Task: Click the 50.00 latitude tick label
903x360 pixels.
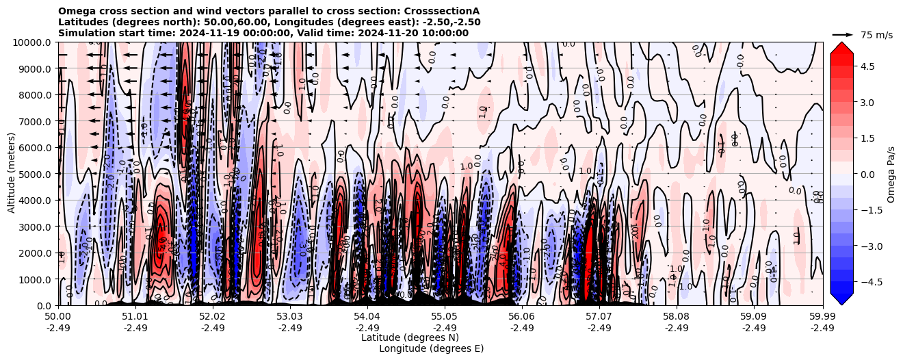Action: tap(58, 317)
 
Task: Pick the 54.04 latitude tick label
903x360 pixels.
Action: tap(367, 317)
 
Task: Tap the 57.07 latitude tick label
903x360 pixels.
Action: tap(599, 317)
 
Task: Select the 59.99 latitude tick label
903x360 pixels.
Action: tap(822, 317)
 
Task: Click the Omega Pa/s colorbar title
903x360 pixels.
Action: tap(891, 174)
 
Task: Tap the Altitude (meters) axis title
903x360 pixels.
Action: tap(12, 174)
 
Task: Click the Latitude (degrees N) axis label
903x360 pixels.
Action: tap(410, 337)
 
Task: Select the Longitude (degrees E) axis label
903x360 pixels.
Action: tap(431, 348)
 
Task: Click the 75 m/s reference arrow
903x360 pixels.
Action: tap(843, 34)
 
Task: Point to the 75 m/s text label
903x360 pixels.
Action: tap(876, 35)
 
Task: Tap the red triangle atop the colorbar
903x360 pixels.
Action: tap(841, 47)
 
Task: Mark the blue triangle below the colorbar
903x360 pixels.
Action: tap(841, 299)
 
